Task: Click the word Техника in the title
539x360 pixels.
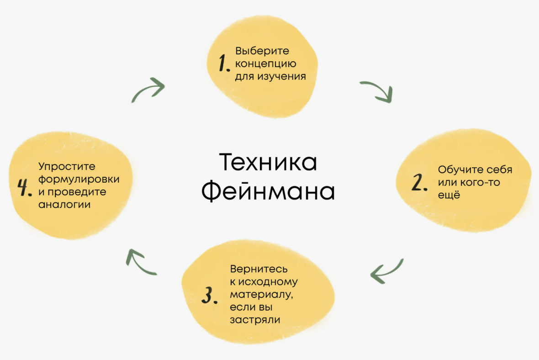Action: pyautogui.click(x=268, y=163)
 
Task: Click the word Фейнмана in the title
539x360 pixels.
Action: pyautogui.click(x=268, y=192)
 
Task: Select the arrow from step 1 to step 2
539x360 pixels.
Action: pyautogui.click(x=376, y=91)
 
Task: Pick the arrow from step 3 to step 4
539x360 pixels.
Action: pyautogui.click(x=140, y=262)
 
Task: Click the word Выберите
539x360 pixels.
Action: pyautogui.click(x=262, y=51)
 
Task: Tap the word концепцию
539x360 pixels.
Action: pyautogui.click(x=266, y=64)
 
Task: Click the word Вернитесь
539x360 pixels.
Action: pyautogui.click(x=259, y=269)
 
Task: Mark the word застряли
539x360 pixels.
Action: pyautogui.click(x=255, y=320)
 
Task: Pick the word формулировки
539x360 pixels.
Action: pyautogui.click(x=79, y=179)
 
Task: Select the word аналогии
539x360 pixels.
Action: pyautogui.click(x=64, y=204)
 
